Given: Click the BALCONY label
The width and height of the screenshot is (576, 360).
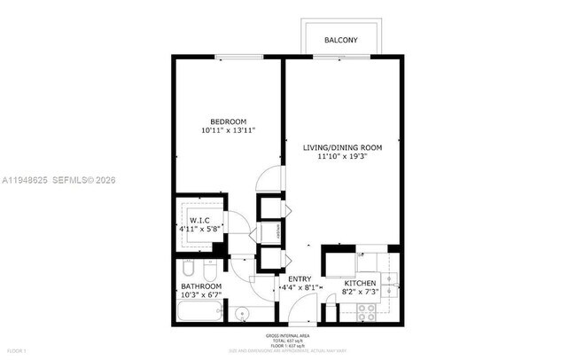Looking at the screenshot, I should tap(341, 41).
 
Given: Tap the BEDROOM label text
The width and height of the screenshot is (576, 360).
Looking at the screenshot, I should tap(228, 121).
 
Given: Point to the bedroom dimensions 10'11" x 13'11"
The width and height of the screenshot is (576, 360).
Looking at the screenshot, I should tap(228, 131).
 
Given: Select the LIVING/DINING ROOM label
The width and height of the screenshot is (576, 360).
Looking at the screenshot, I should tap(342, 147).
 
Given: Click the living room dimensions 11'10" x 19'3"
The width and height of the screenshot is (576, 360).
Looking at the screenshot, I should tap(342, 158).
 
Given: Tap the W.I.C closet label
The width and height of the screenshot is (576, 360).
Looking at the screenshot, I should tap(199, 222).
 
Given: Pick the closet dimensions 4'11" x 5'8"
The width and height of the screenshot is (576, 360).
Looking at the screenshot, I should tap(199, 231).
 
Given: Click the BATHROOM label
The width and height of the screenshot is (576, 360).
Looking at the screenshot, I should tap(201, 287).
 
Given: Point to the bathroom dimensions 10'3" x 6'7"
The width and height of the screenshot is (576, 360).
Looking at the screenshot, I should tap(201, 296).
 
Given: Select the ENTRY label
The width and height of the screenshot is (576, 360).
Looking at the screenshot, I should tap(300, 278).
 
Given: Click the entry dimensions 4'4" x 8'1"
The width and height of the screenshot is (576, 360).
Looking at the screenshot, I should tap(300, 287).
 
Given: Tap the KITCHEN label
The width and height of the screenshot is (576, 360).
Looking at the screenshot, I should tap(361, 283).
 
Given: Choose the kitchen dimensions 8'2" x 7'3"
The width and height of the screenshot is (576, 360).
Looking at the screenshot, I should tap(361, 292).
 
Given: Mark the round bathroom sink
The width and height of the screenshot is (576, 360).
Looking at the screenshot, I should tap(241, 313).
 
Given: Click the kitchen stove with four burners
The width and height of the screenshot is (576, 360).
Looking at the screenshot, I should tap(367, 310).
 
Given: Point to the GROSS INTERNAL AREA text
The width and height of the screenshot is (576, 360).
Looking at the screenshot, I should tap(288, 335).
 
